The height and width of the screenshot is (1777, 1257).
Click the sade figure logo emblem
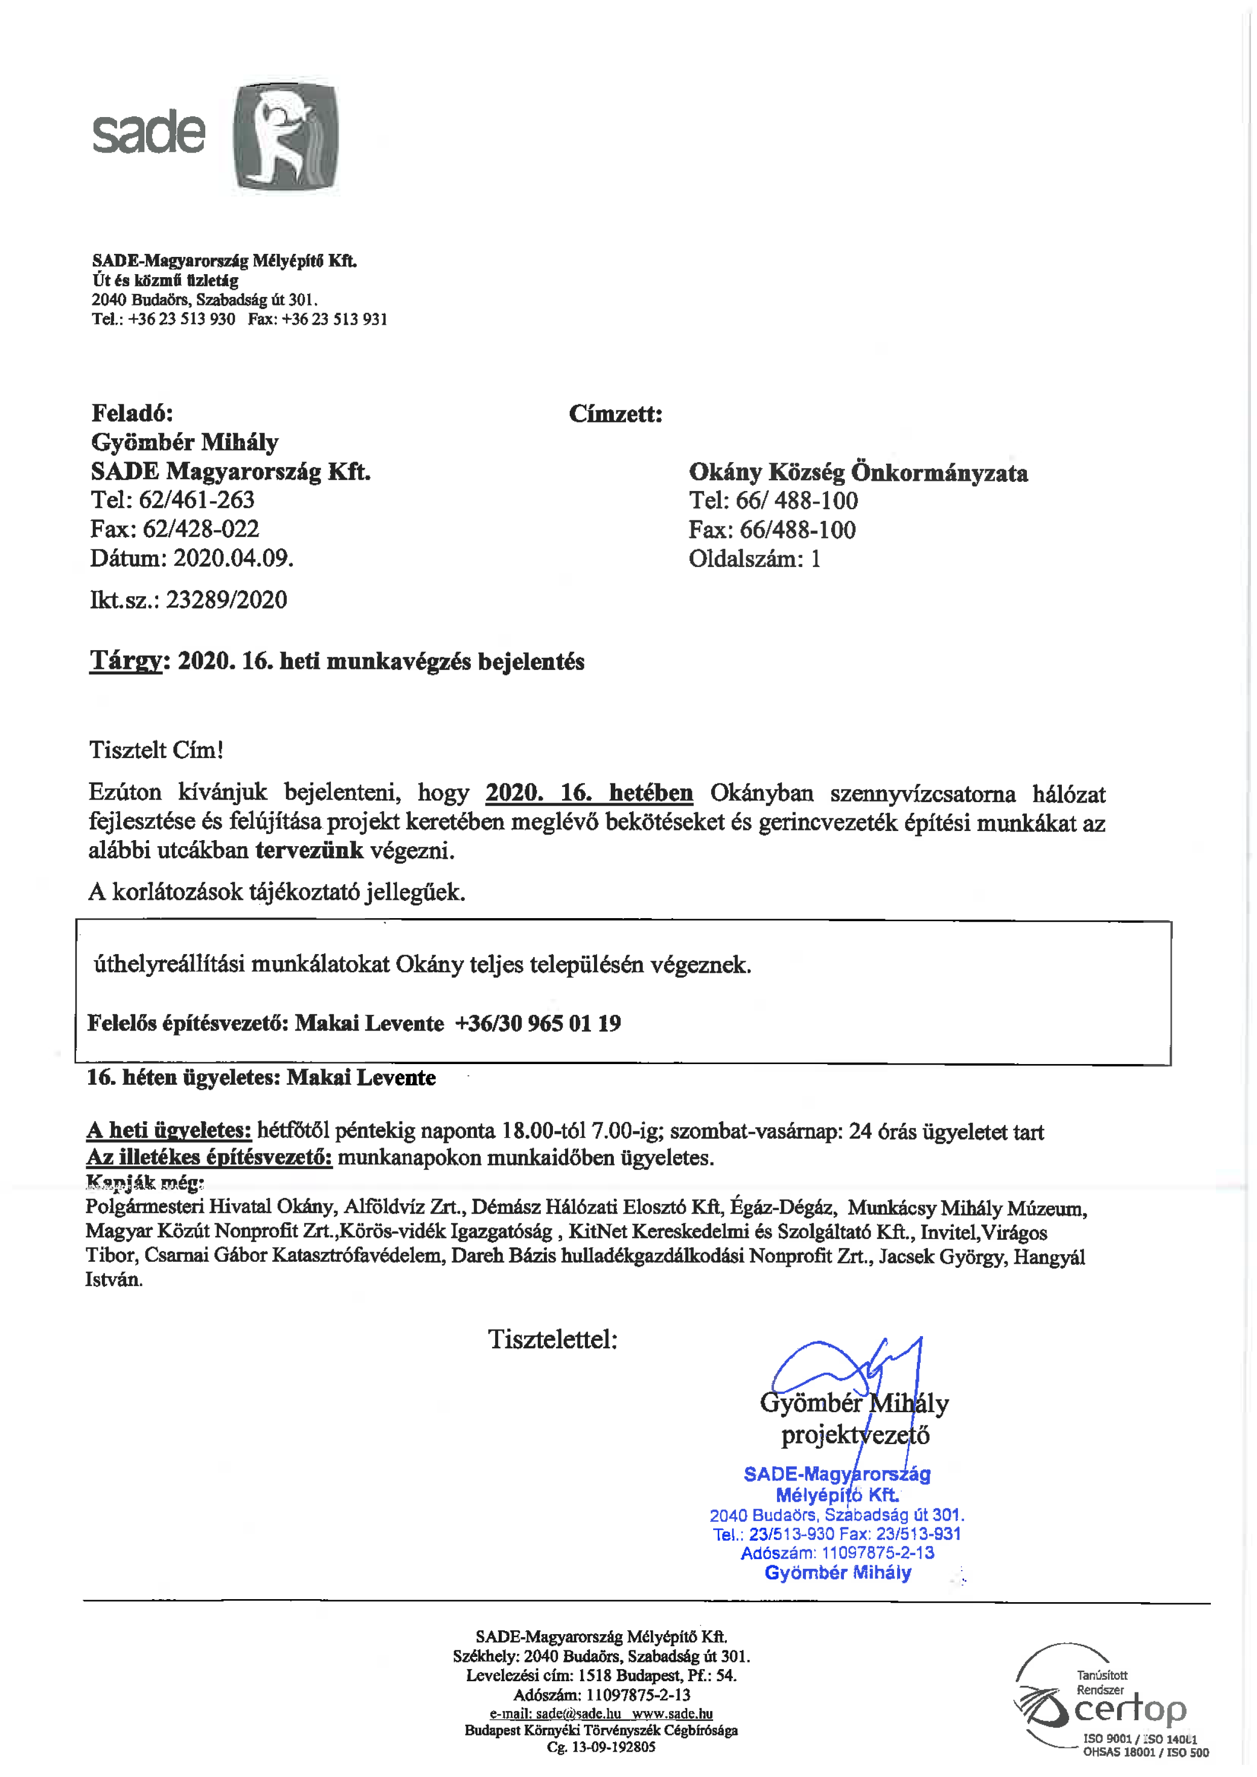[285, 136]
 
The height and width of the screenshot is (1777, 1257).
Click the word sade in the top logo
[149, 133]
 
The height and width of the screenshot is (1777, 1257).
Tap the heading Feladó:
[132, 412]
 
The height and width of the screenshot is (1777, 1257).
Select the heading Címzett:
[615, 414]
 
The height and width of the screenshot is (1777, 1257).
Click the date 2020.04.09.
[233, 558]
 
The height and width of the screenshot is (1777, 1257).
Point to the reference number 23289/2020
[226, 600]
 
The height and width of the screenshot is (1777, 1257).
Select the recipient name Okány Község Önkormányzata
[858, 472]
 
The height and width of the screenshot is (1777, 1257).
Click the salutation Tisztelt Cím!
[156, 750]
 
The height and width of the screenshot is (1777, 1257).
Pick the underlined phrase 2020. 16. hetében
[589, 793]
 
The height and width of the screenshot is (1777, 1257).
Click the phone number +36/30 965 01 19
[538, 1023]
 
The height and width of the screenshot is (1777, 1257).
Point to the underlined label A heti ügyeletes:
[169, 1131]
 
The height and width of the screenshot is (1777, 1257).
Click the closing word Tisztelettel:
[552, 1339]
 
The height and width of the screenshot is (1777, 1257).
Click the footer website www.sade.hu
[672, 1714]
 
